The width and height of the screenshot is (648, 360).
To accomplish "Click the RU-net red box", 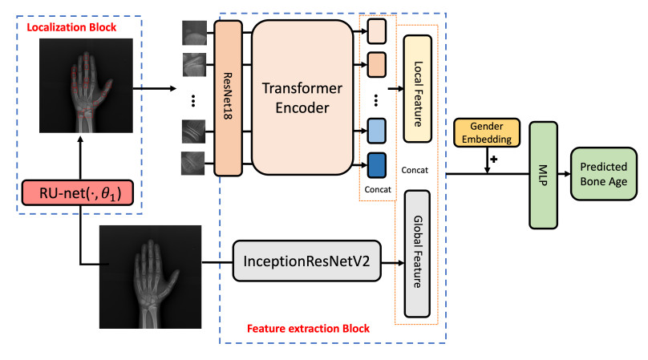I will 78,193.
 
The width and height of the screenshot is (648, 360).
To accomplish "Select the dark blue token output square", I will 377,164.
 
